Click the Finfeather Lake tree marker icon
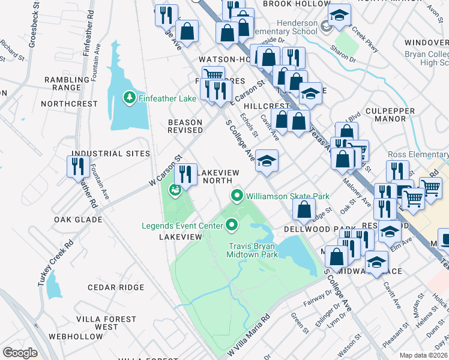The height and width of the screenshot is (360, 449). (x=129, y=97)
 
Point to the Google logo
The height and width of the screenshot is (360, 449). (x=20, y=353)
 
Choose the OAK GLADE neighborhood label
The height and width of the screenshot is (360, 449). (x=78, y=219)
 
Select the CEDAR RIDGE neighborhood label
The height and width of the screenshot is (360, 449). (x=116, y=287)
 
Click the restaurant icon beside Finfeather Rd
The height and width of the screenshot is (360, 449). (x=79, y=166)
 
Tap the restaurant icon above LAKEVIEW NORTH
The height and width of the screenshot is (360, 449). (x=185, y=175)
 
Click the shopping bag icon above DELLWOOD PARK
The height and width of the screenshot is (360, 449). (x=304, y=209)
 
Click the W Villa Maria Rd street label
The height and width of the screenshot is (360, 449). (x=248, y=337)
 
